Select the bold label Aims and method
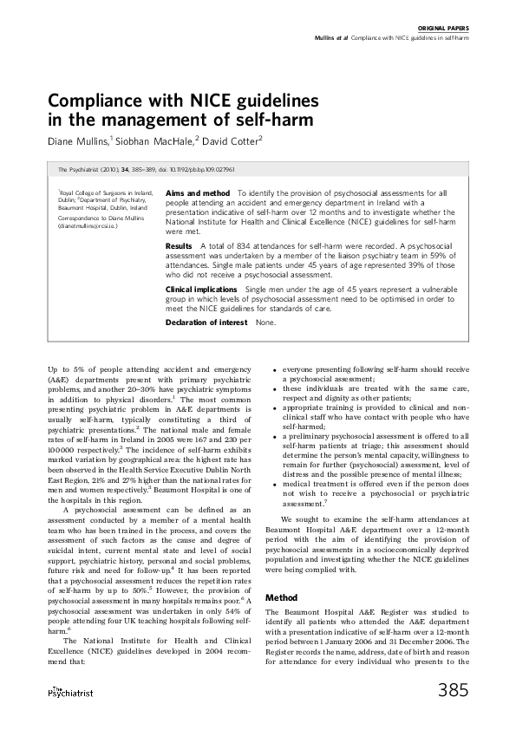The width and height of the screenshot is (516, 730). tap(198, 192)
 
